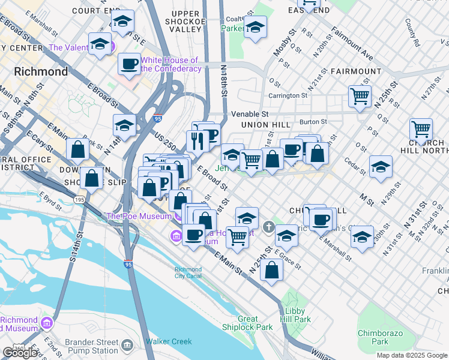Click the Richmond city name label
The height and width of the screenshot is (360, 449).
click(x=41, y=71)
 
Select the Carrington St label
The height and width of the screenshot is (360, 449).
click(x=288, y=95)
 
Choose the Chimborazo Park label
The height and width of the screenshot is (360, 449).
click(x=381, y=337)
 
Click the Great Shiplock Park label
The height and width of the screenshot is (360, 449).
click(x=256, y=323)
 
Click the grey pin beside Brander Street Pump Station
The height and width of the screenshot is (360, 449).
click(x=127, y=346)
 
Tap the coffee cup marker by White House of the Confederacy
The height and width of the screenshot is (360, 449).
click(x=128, y=64)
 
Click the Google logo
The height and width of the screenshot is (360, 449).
click(x=19, y=353)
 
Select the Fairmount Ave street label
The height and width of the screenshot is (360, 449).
click(x=351, y=43)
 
